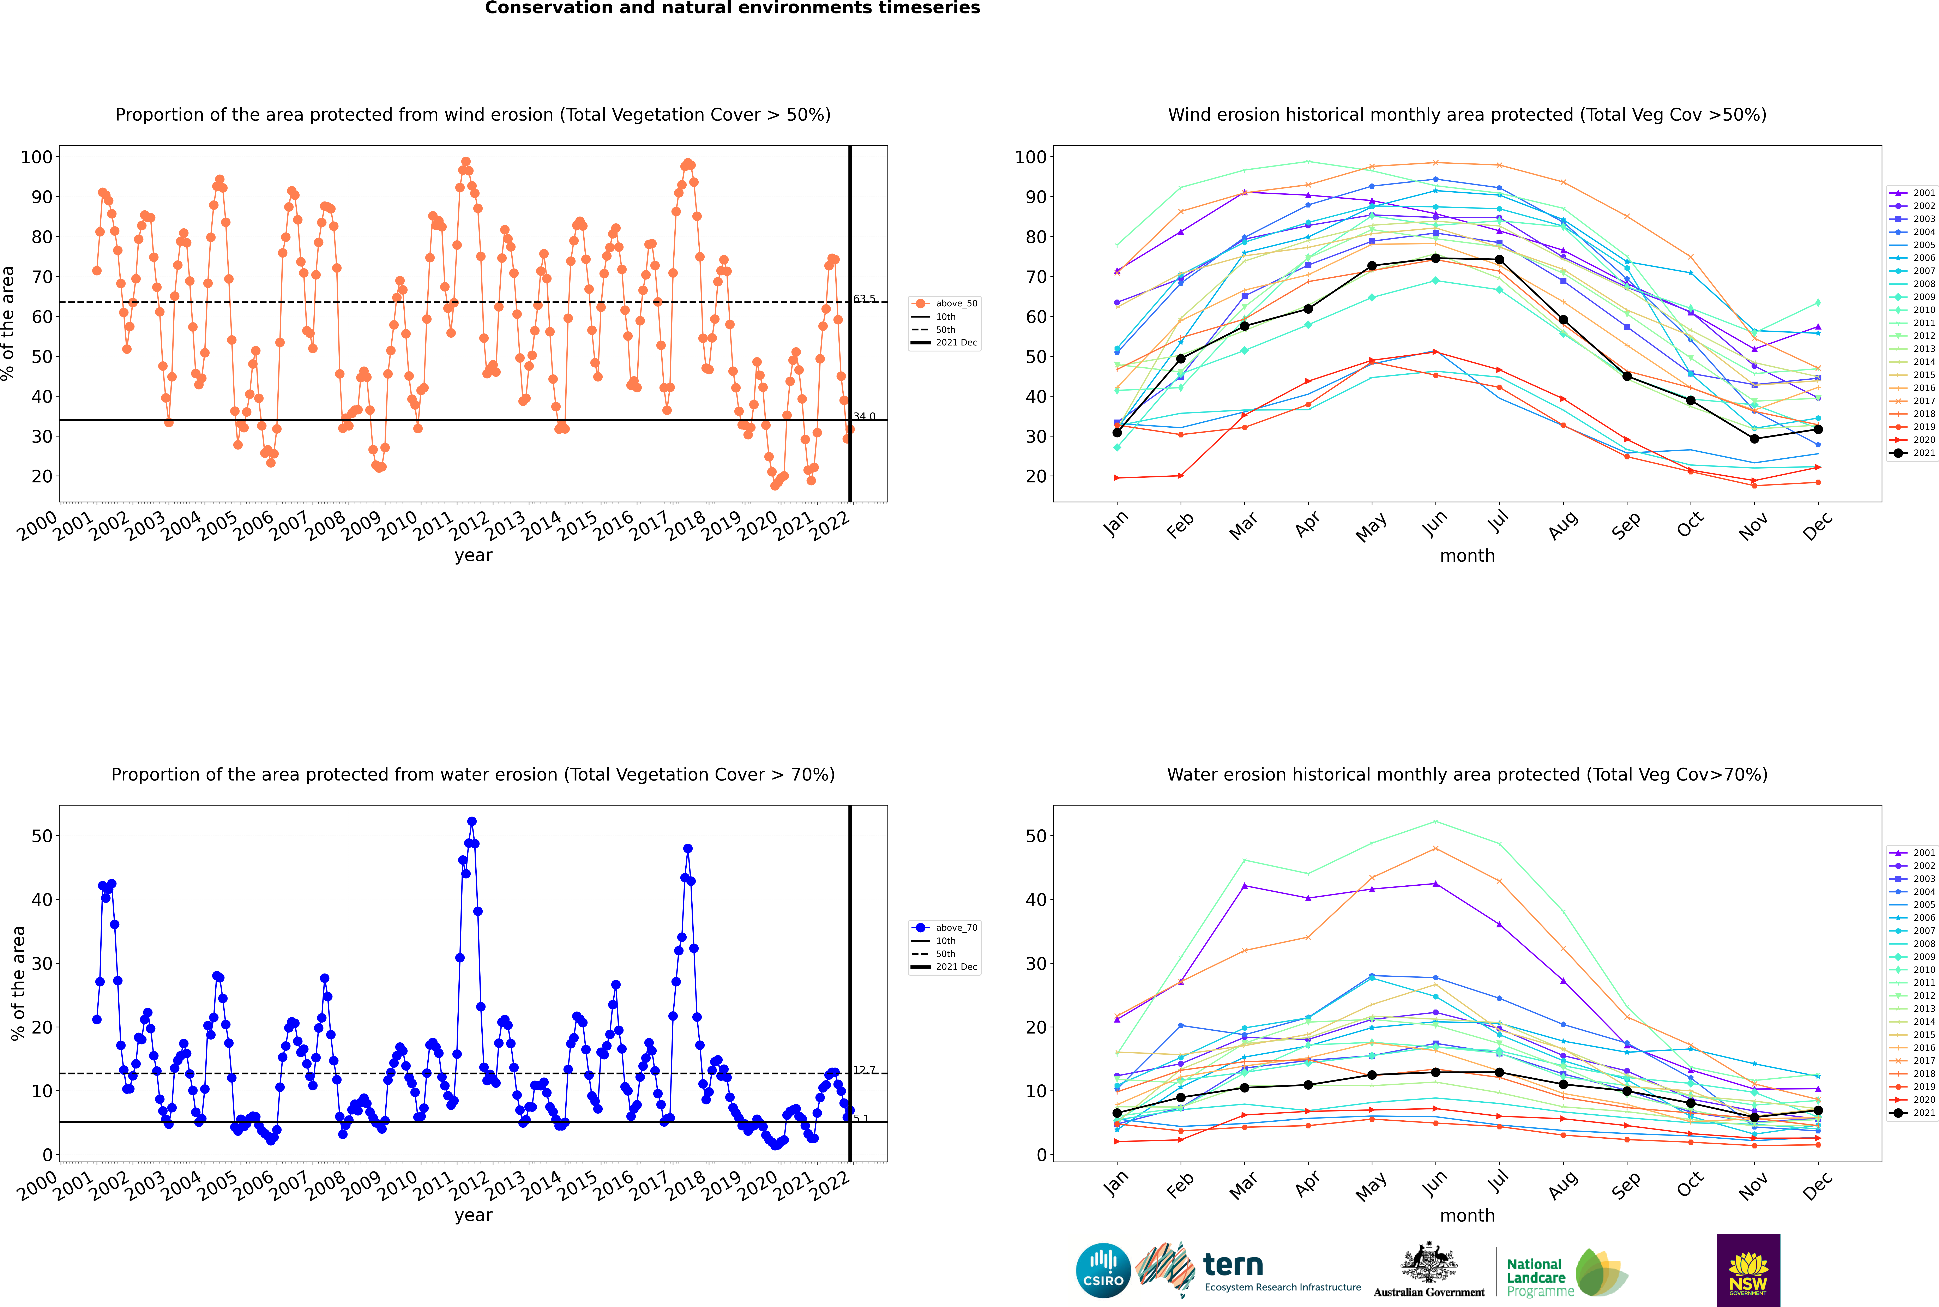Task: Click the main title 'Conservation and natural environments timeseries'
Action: coord(732,8)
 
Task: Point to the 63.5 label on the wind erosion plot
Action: coord(865,299)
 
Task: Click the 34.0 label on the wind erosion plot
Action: coord(865,416)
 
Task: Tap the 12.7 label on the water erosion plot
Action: coord(865,1070)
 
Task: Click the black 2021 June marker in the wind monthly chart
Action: coord(1435,258)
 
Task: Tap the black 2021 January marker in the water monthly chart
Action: coord(1117,1113)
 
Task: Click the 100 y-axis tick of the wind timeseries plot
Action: coord(37,157)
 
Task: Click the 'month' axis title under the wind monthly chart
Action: coord(1467,556)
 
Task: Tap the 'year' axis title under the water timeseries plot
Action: coord(474,1215)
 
